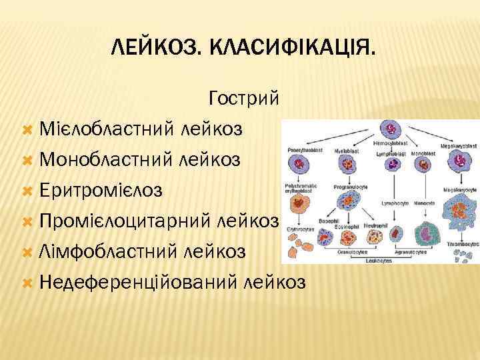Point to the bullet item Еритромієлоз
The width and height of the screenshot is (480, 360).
tap(100, 190)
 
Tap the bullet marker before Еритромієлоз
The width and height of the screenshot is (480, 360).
tap(27, 191)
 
